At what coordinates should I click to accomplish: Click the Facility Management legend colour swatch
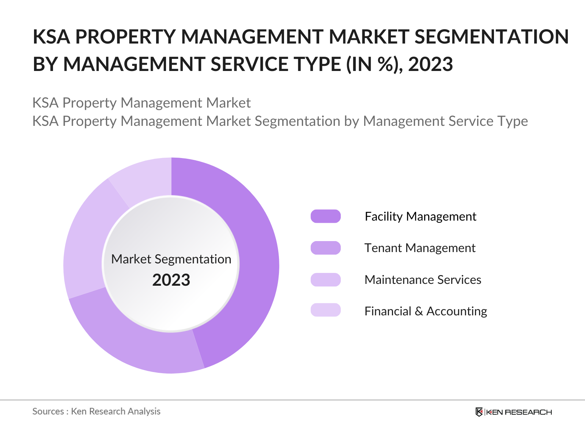point(325,216)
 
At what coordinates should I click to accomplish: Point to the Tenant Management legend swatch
point(325,248)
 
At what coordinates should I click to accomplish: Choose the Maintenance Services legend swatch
point(325,279)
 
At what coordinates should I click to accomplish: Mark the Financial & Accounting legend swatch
point(325,310)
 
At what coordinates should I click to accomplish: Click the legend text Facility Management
point(420,217)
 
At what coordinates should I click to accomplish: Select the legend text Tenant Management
point(420,248)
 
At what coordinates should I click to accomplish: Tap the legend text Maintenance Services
point(423,280)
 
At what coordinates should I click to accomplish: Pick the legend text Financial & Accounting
point(426,311)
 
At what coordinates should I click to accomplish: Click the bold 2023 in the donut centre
point(171,280)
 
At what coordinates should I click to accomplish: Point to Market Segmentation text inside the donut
point(171,259)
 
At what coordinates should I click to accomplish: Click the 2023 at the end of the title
point(430,64)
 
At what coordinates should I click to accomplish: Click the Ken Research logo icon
point(479,412)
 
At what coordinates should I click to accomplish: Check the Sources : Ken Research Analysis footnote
point(97,412)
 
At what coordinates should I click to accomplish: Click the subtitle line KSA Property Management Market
point(141,103)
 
